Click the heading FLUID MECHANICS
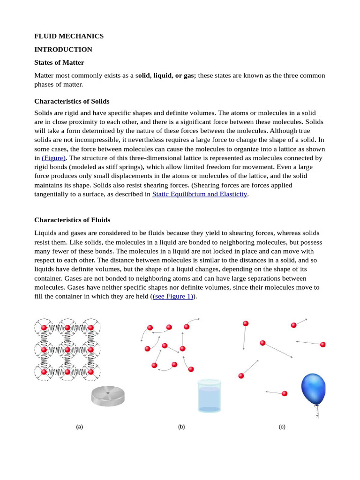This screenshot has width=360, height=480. point(69,36)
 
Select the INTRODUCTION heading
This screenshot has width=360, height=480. point(63,49)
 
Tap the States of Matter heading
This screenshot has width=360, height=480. point(60,62)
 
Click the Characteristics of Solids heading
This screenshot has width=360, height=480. point(72,101)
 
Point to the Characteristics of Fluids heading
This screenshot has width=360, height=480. point(72,220)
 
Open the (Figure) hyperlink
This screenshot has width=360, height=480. point(54,158)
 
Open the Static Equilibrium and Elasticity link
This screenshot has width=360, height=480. point(200,194)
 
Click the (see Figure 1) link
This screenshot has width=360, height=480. point(173,297)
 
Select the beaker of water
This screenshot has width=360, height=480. point(209,396)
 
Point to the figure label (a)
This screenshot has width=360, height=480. point(80,427)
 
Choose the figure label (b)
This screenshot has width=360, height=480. point(181,427)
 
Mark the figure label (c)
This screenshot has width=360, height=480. point(282,427)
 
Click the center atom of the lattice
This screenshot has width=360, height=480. point(67,350)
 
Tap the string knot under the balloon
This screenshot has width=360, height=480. point(317,406)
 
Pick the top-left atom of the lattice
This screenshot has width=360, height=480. point(44,327)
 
